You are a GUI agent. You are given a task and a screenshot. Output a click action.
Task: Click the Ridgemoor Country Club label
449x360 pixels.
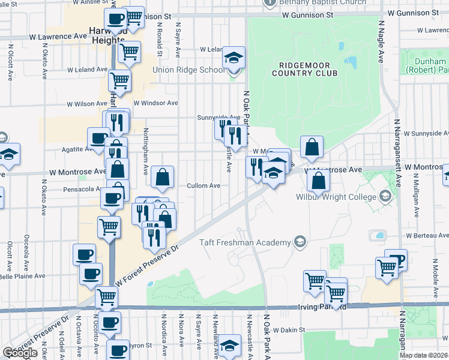[304, 68]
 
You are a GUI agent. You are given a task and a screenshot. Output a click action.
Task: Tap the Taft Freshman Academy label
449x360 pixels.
[246, 242]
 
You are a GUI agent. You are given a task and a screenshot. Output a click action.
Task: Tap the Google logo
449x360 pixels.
[20, 353]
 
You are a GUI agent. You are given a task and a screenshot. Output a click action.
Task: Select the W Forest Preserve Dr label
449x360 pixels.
[147, 264]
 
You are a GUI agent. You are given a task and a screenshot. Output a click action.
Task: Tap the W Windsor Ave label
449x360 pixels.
[156, 103]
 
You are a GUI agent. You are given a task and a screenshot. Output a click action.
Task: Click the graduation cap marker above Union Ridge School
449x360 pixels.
[234, 59]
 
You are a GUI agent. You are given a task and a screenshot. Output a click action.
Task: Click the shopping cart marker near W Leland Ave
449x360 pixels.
[119, 80]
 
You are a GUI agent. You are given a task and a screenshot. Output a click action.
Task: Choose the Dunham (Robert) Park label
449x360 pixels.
[432, 65]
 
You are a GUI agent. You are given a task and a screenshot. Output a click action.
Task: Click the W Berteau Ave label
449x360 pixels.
[425, 236]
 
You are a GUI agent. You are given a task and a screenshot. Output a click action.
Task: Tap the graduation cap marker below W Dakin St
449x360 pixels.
[228, 346]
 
